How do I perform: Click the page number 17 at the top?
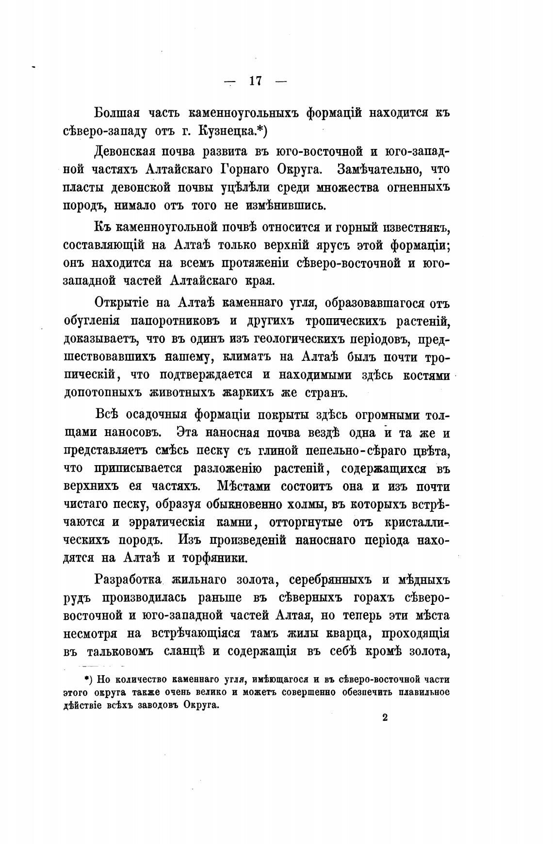[x=256, y=81]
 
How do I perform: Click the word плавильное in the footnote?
[x=423, y=691]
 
